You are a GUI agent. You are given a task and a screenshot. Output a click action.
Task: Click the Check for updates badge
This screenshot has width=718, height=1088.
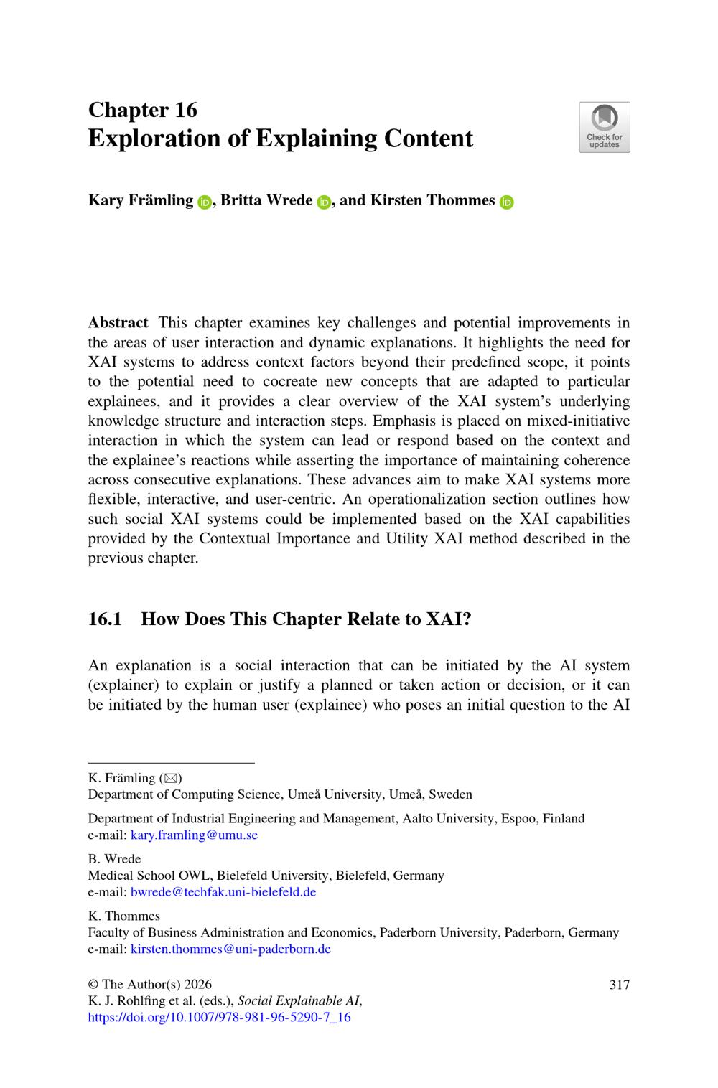point(604,127)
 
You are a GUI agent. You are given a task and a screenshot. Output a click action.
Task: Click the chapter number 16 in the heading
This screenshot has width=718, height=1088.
point(185,110)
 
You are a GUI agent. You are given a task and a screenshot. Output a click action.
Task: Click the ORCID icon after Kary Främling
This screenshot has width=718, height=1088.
point(204,202)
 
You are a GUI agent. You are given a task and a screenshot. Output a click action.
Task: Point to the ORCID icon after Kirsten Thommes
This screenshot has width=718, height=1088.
point(507,202)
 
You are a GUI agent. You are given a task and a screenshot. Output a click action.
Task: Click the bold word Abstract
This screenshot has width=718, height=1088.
point(118,323)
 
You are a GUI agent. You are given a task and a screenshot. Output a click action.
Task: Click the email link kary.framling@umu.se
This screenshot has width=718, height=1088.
point(194,835)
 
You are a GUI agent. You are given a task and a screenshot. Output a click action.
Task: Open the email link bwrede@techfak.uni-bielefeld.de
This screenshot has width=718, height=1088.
point(223,892)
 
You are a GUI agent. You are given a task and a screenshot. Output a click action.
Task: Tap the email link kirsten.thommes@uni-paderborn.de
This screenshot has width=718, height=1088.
point(230,949)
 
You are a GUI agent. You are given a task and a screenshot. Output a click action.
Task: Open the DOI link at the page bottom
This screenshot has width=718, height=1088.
point(219,1017)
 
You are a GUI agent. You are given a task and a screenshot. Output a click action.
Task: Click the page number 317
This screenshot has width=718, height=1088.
point(619,985)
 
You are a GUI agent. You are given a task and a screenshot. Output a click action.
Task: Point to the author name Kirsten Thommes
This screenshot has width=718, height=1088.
point(432,200)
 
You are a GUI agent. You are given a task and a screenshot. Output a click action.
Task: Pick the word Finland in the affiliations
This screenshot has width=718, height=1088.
point(563,818)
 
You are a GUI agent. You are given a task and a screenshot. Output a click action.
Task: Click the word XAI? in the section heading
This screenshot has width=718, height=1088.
point(449,619)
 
